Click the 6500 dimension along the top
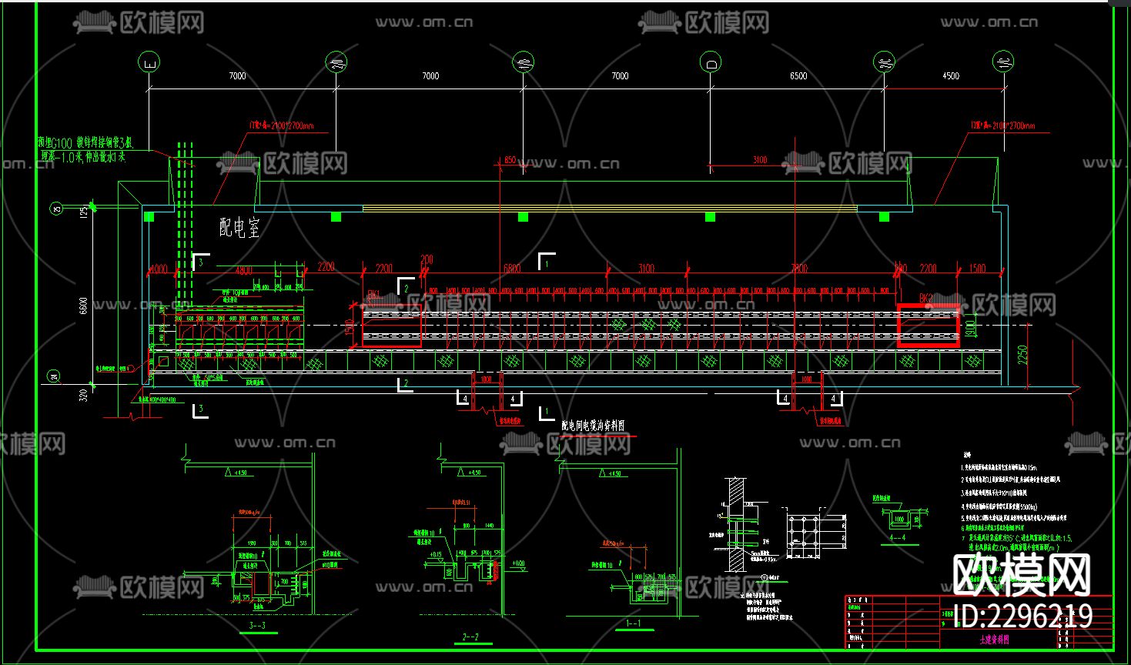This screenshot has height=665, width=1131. [798, 75]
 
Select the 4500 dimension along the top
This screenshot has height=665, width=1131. [951, 75]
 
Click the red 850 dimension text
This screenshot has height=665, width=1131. [509, 160]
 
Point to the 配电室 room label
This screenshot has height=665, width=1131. [239, 227]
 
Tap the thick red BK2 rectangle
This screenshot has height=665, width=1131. [929, 326]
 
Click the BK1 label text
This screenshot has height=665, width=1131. [373, 294]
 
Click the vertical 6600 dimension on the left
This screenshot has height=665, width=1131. [83, 306]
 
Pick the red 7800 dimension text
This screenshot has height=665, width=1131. [799, 269]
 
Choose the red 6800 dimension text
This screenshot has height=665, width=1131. [511, 269]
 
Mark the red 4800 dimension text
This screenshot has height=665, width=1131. [243, 270]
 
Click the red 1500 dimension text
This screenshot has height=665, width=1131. [977, 269]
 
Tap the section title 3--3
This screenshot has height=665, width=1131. [257, 626]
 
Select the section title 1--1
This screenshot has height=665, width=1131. [634, 623]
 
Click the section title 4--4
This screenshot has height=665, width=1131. [897, 538]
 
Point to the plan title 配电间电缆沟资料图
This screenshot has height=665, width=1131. [592, 426]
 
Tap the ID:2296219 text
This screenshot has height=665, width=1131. [1022, 616]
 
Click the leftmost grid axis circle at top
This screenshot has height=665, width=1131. [149, 62]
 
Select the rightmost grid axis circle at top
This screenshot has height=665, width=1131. [1003, 62]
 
